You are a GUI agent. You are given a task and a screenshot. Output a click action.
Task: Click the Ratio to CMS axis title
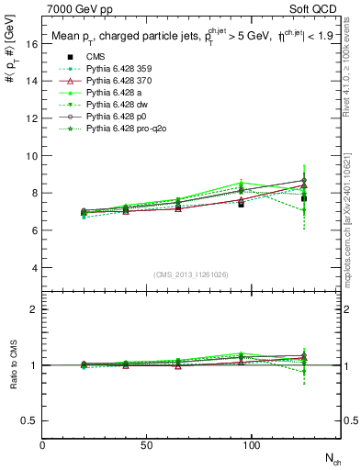pyautogui.click(x=13, y=380)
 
